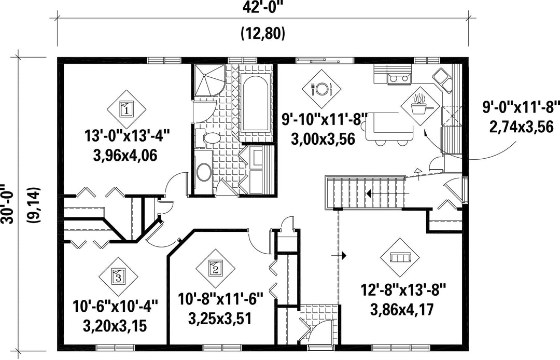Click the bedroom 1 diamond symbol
[x=127, y=108]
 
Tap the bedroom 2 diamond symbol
[x=215, y=268]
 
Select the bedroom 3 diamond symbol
[x=118, y=276]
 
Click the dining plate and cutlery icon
[x=321, y=89]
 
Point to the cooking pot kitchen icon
[x=421, y=104]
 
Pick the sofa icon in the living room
[x=400, y=257]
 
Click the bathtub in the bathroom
[x=255, y=104]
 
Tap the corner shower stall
[x=209, y=81]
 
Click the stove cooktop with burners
[x=399, y=78]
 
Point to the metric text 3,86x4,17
[x=402, y=309]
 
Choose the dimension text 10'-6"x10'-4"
[x=115, y=306]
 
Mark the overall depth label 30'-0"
[x=7, y=204]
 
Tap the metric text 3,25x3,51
[x=220, y=318]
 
